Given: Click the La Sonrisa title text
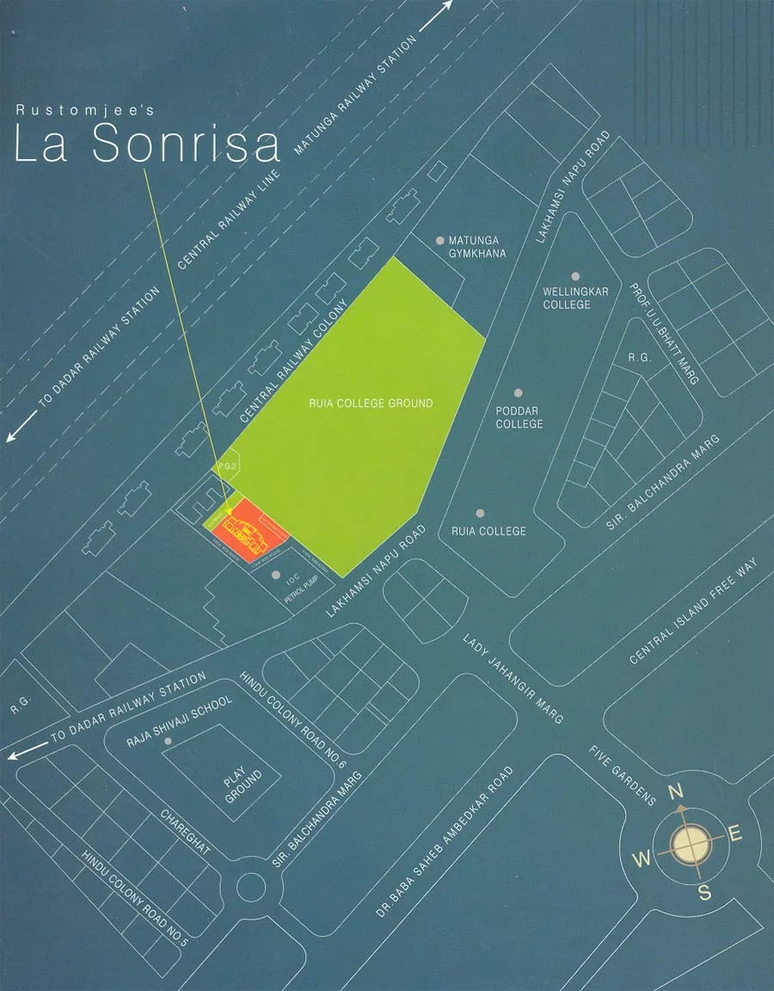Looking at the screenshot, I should (x=148, y=145).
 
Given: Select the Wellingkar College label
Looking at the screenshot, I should (x=575, y=298).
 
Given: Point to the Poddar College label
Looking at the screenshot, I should (x=519, y=417).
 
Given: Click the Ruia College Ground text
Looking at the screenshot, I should (x=371, y=403).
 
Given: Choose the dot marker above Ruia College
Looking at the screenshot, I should (x=480, y=514).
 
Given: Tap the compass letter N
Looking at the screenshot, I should (x=676, y=792).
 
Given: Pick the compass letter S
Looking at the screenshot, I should (x=704, y=892).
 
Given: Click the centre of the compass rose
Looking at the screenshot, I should (x=691, y=844).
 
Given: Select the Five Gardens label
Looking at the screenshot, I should (x=623, y=774).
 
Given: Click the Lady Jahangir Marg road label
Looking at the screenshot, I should (x=513, y=680).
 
